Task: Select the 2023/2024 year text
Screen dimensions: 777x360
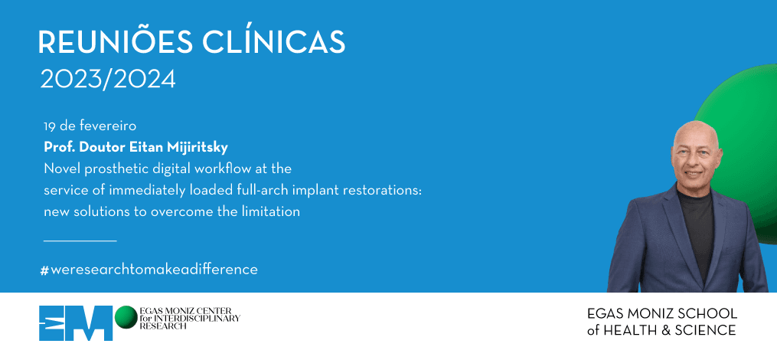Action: [108, 80]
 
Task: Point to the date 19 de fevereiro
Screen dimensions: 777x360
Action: [90, 126]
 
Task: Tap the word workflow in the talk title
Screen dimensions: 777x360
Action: [223, 169]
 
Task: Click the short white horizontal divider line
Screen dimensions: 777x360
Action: [80, 241]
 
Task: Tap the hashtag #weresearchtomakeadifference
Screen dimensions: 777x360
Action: [149, 270]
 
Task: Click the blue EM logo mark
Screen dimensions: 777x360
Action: [76, 323]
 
